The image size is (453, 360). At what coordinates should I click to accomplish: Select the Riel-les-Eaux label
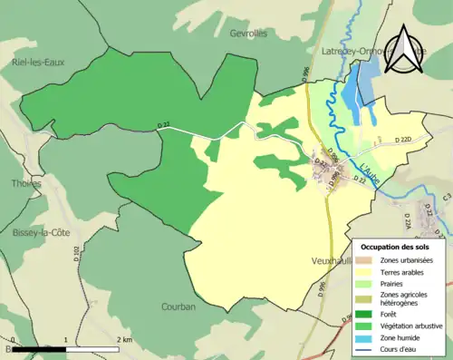coord(41,63)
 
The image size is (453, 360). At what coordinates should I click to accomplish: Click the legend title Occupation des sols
coord(396,247)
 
